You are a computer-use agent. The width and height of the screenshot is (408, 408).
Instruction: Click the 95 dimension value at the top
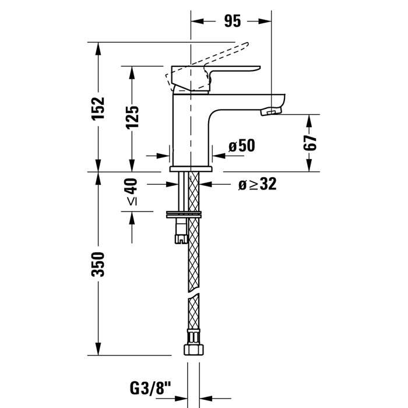tap(233, 21)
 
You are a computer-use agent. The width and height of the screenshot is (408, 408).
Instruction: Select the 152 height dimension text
tap(99, 108)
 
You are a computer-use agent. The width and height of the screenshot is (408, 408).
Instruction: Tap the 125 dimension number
tap(132, 117)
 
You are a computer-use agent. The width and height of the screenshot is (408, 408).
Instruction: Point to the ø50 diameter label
tap(242, 146)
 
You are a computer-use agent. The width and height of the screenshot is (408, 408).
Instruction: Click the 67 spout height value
tap(310, 143)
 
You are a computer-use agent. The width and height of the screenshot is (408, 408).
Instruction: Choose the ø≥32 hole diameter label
tap(258, 184)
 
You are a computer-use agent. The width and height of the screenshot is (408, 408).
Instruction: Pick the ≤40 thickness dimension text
tap(132, 192)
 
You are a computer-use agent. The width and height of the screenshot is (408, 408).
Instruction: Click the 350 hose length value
tap(99, 264)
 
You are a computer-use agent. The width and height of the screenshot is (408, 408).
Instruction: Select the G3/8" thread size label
tap(150, 389)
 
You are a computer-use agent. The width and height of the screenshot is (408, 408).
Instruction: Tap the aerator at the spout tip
tap(271, 112)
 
